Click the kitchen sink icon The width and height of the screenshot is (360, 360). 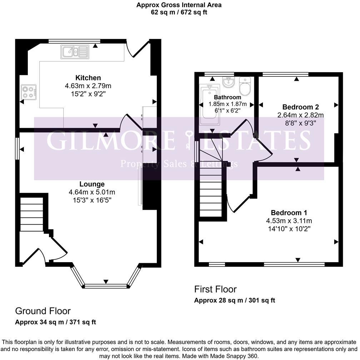75,52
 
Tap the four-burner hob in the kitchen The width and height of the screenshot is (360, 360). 29,91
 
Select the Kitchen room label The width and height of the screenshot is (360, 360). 88,78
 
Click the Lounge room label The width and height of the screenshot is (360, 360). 92,184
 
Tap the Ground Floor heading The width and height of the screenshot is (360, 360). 42,311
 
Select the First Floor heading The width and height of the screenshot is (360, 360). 215,289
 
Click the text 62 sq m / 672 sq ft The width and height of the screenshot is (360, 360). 179,12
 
